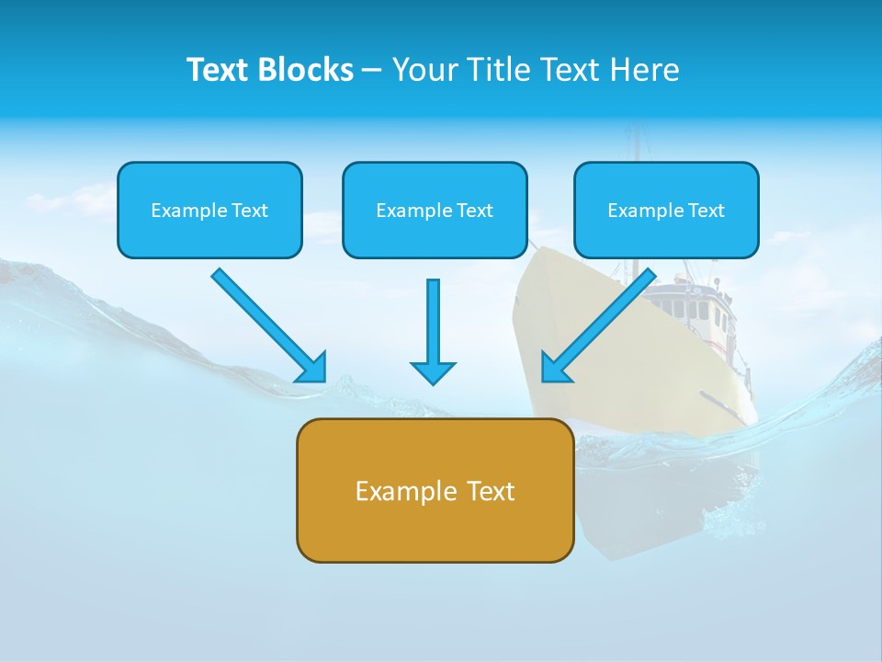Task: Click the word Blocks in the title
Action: pyautogui.click(x=305, y=70)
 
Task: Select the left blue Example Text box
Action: pyautogui.click(x=209, y=210)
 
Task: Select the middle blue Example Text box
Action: pyautogui.click(x=435, y=210)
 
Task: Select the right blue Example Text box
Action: pyautogui.click(x=666, y=210)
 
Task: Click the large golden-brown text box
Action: pyautogui.click(x=435, y=490)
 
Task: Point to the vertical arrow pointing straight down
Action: pyautogui.click(x=433, y=322)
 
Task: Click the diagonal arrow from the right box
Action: pyautogui.click(x=606, y=317)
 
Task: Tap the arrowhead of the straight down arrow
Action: pyautogui.click(x=433, y=372)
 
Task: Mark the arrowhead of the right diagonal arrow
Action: pyautogui.click(x=554, y=369)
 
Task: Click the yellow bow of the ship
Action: pyautogui.click(x=588, y=331)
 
